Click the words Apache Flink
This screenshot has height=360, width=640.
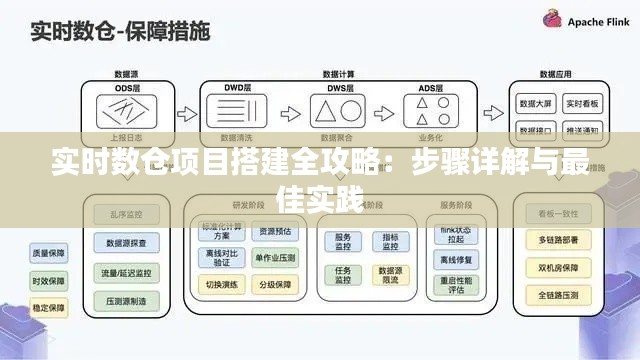[x=597, y=22]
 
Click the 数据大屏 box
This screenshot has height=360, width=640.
[x=536, y=104]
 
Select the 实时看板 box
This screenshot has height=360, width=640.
[x=583, y=104]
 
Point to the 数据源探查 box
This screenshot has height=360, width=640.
[x=127, y=243]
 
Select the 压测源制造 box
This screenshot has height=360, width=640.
[x=127, y=300]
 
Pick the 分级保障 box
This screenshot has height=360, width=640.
[x=274, y=283]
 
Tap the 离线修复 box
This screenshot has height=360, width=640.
[x=455, y=262]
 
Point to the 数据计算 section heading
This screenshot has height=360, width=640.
[x=341, y=74]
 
